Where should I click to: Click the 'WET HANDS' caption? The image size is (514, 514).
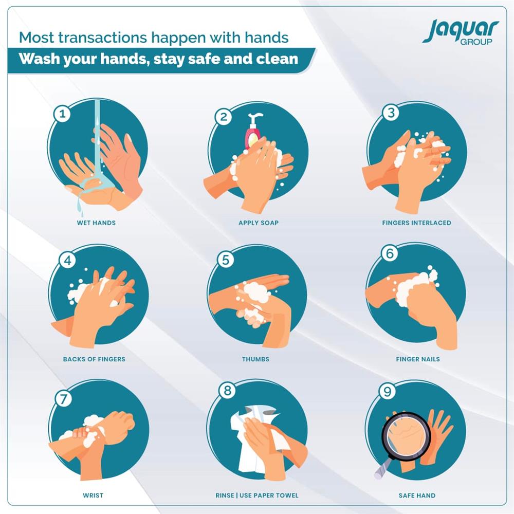(96, 223)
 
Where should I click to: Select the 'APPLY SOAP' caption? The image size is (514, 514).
(259, 223)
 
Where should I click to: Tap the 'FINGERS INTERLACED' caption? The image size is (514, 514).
(417, 223)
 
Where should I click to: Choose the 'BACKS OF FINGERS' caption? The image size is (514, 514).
(94, 359)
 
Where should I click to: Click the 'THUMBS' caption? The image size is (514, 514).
(255, 359)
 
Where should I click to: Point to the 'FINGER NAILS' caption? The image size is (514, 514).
(418, 359)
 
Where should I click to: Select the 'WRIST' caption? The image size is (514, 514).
(93, 495)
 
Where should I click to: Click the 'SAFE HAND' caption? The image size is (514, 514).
(417, 495)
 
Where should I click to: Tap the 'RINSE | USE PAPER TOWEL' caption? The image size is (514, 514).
(257, 495)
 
